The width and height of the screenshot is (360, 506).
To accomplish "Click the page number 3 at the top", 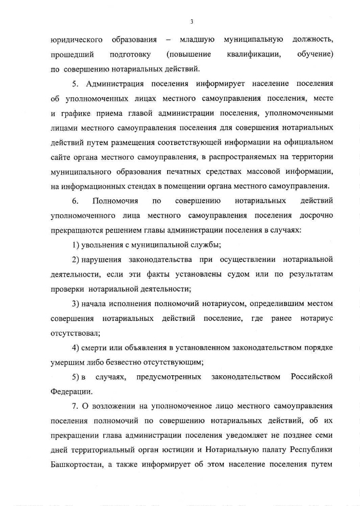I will click(191, 22).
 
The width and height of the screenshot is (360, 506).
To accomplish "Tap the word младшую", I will click(197, 40).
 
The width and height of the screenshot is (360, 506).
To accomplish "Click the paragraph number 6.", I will click(75, 200).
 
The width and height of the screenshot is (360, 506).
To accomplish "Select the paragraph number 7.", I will click(75, 406).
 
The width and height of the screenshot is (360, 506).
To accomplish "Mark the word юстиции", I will click(198, 450).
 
